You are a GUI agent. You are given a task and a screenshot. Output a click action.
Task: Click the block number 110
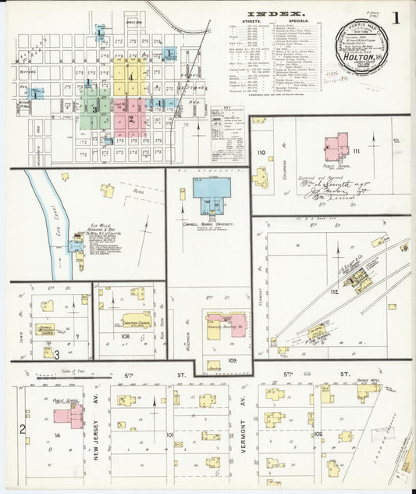[261, 152]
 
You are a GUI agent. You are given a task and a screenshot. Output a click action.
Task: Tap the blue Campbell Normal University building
[212, 188]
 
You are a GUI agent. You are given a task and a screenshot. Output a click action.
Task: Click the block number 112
[333, 292]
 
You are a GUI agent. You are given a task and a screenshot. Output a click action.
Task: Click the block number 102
[317, 432]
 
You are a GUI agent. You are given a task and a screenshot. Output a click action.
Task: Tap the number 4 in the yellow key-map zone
[131, 76]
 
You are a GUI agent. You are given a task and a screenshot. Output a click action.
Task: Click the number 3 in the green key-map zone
[94, 109]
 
